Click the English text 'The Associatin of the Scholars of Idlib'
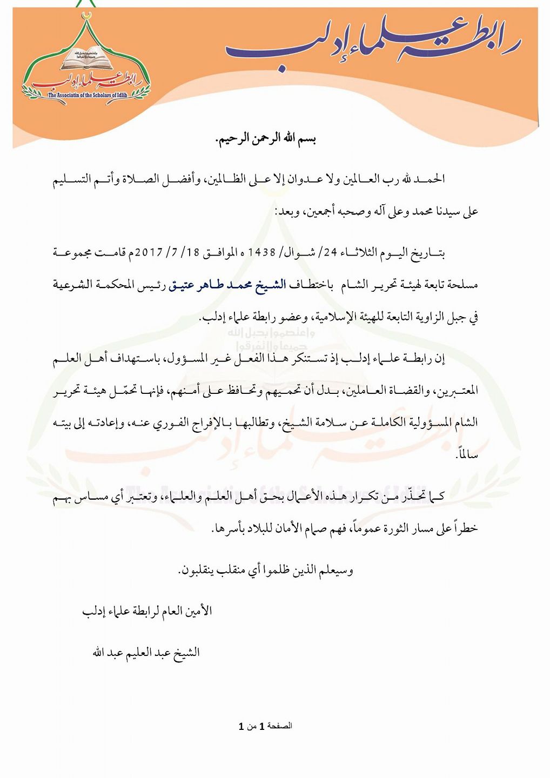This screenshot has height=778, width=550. pyautogui.click(x=86, y=95)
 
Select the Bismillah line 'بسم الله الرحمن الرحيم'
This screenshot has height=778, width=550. pyautogui.click(x=266, y=139)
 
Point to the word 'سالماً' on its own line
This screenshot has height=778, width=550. pyautogui.click(x=467, y=454)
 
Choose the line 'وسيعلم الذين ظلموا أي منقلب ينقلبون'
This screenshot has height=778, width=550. pyautogui.click(x=266, y=570)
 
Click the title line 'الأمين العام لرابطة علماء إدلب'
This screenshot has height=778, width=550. pyautogui.click(x=147, y=611)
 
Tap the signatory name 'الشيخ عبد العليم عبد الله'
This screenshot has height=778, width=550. pyautogui.click(x=146, y=653)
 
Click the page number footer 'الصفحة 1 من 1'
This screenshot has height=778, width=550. pyautogui.click(x=265, y=726)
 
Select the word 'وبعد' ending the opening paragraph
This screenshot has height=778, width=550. pyautogui.click(x=285, y=211)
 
